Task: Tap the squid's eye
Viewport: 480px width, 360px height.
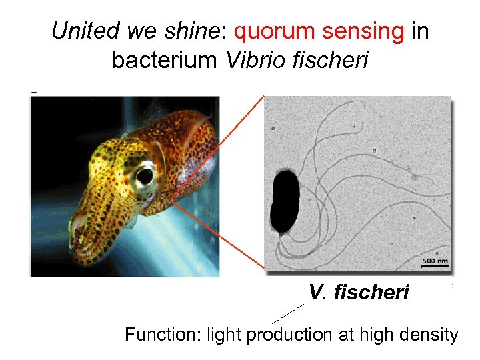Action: [x=143, y=176]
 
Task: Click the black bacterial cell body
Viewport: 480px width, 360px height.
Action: [x=286, y=201]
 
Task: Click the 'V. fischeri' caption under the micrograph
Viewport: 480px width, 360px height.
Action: [x=359, y=292]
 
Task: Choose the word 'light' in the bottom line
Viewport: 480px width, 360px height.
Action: [x=225, y=334]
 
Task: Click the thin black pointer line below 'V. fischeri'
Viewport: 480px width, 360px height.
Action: [x=288, y=313]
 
